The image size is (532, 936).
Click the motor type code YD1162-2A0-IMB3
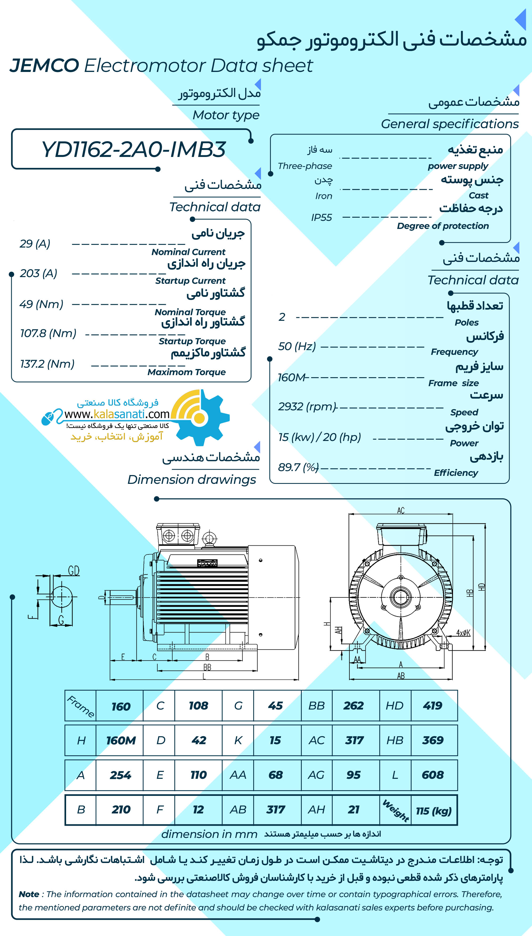[133, 149]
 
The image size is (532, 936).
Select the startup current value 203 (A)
[38, 273]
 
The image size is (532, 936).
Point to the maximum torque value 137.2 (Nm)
[47, 364]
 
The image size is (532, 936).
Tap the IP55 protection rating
[321, 218]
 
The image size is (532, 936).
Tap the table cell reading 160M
[120, 740]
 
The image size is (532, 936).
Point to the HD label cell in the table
[395, 706]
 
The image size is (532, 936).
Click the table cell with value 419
[433, 706]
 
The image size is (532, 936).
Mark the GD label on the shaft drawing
[74, 570]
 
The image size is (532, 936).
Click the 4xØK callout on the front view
[463, 633]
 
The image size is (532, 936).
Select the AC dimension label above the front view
[401, 510]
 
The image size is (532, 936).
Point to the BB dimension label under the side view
[207, 667]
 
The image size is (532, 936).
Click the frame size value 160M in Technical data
[291, 377]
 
